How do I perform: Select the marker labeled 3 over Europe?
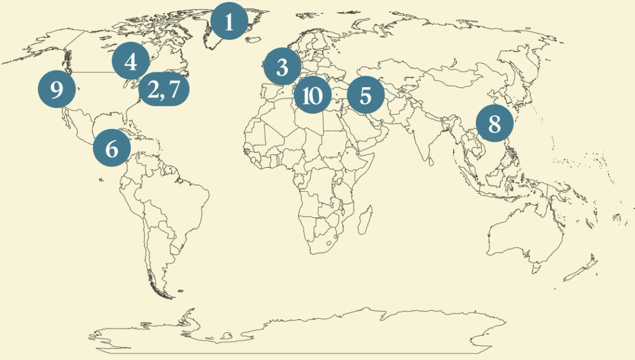(x=282, y=66)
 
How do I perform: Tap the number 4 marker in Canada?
(x=131, y=62)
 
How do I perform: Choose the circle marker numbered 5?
(x=365, y=95)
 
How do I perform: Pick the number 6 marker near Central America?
(x=111, y=148)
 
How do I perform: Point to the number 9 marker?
(x=57, y=89)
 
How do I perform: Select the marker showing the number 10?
(x=312, y=95)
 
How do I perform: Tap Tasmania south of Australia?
(x=535, y=270)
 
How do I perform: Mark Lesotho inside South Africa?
(x=330, y=243)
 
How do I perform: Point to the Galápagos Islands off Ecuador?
(x=101, y=179)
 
